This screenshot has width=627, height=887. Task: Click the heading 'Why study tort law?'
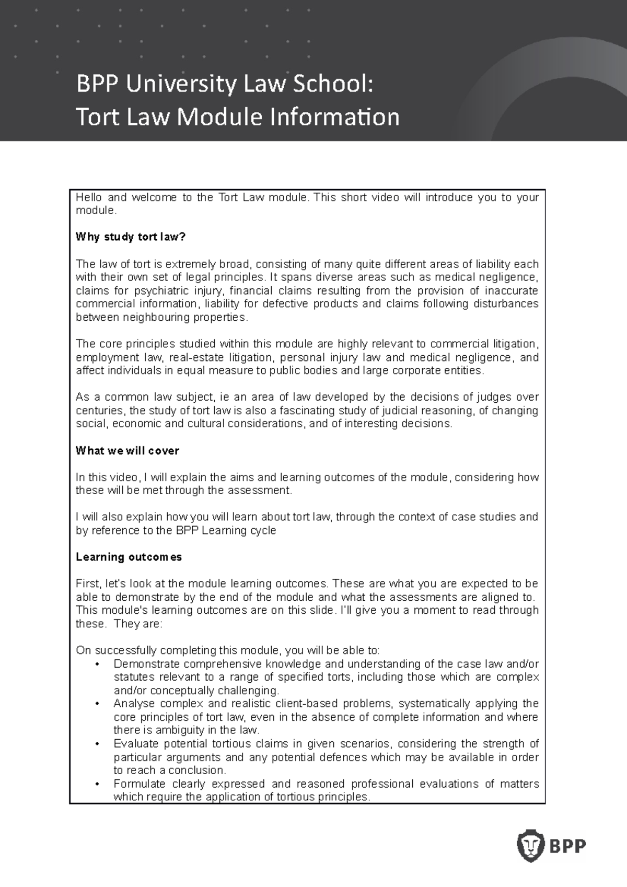click(x=131, y=237)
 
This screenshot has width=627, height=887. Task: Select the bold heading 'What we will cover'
click(x=127, y=451)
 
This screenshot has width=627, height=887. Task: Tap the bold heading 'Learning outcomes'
click(x=129, y=557)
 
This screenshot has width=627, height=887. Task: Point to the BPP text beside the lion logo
click(x=568, y=845)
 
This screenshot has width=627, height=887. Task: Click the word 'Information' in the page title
click(x=334, y=117)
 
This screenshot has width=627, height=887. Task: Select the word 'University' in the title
click(x=170, y=85)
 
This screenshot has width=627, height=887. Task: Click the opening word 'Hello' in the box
click(x=89, y=197)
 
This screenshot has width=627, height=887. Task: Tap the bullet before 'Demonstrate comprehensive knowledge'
click(x=98, y=664)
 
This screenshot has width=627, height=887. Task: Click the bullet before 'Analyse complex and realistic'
click(x=98, y=704)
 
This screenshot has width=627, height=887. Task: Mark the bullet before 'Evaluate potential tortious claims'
click(x=98, y=744)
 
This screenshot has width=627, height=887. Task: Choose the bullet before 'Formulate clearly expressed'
click(x=98, y=784)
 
